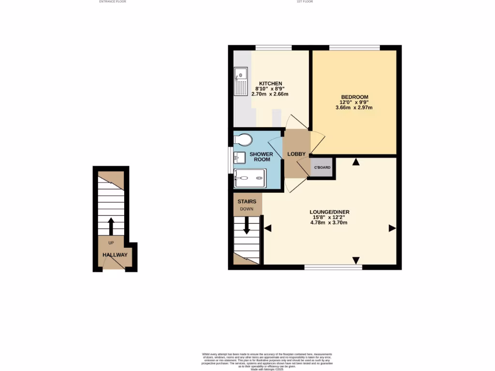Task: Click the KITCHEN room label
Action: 270,84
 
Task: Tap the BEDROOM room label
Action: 354,97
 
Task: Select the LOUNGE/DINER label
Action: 330,212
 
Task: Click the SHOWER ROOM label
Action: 262,157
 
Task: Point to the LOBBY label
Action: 297,154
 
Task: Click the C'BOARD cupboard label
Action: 322,168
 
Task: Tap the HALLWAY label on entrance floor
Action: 115,255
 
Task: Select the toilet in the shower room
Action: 243,140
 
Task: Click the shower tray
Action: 249,178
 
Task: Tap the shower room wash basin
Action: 238,157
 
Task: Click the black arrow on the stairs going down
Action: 247,226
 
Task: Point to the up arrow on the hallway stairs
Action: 111,225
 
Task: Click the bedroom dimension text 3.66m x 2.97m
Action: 354,107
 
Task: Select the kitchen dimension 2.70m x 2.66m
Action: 270,94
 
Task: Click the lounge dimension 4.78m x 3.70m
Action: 330,223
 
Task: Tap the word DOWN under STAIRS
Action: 247,209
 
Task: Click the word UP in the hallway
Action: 111,243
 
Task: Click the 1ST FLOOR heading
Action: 305,2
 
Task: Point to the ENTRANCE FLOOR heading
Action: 113,2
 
